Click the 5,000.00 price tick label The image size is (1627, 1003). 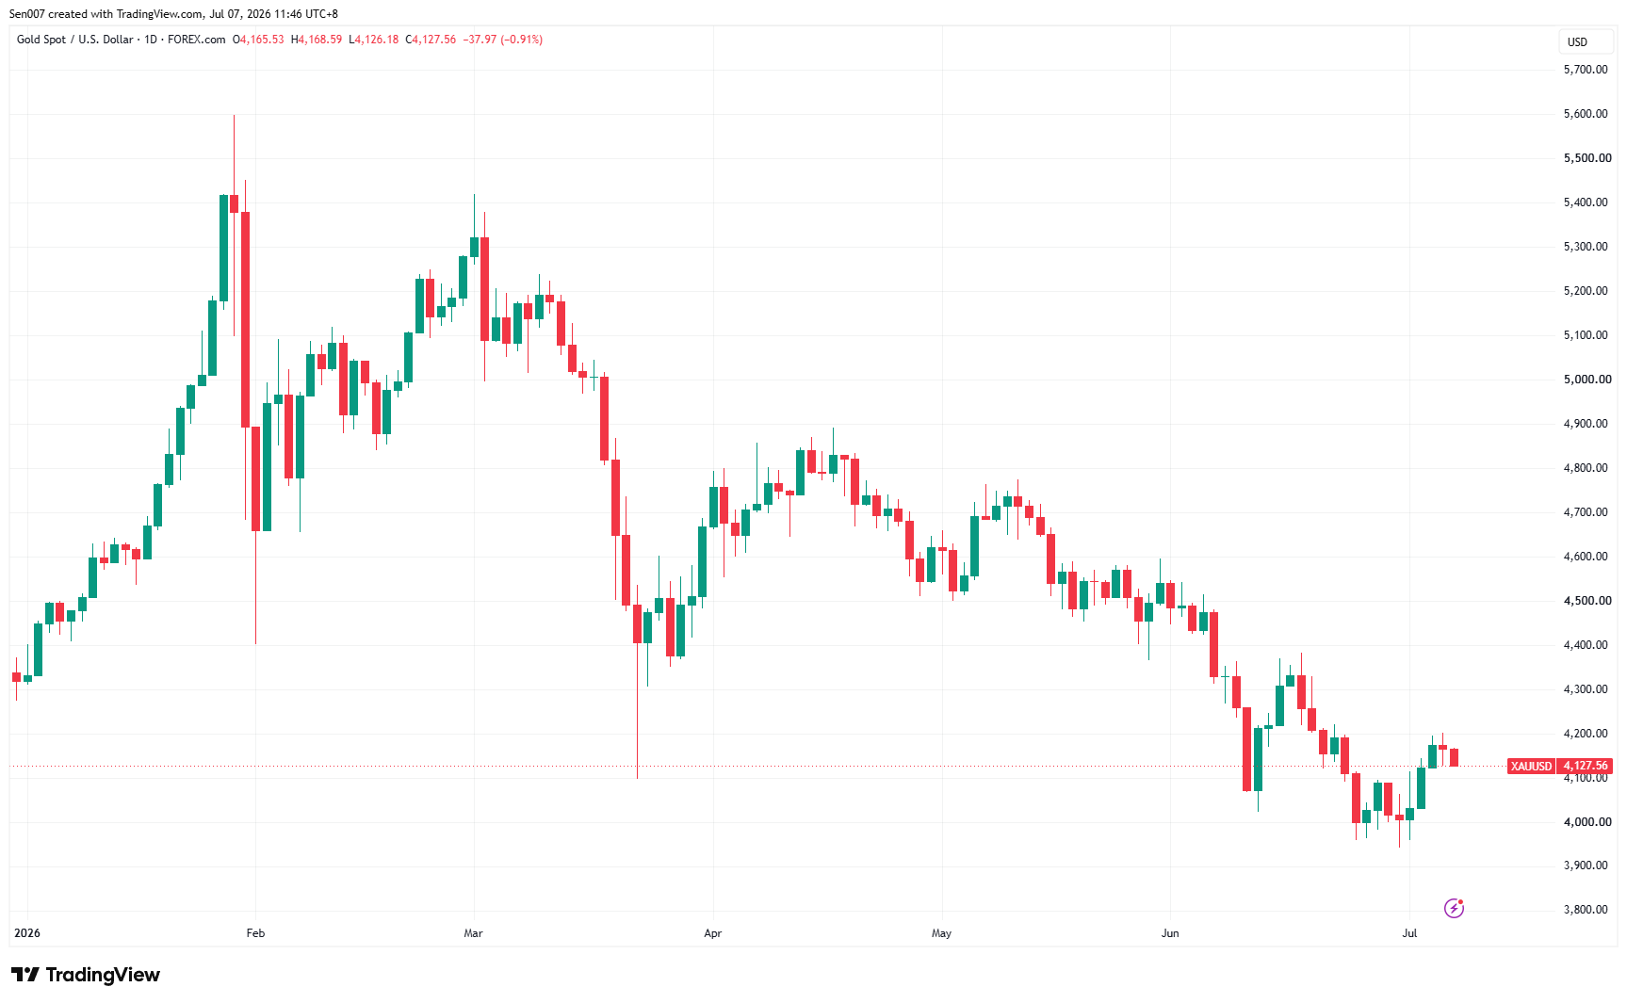click(x=1586, y=380)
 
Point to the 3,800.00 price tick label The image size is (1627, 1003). click(x=1586, y=910)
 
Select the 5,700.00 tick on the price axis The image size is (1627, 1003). click(x=1586, y=70)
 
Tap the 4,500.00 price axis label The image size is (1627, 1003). click(x=1586, y=601)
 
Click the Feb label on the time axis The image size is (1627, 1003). click(x=255, y=933)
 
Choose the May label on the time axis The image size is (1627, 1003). click(x=941, y=933)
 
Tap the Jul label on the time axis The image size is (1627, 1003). click(x=1409, y=933)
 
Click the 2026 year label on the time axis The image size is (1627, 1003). click(x=27, y=933)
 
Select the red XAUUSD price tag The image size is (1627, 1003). click(x=1531, y=767)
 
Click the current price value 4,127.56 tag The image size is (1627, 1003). click(x=1586, y=767)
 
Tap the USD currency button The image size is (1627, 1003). click(x=1578, y=42)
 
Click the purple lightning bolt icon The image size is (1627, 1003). click(x=1454, y=908)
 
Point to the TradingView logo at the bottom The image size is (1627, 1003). click(x=86, y=975)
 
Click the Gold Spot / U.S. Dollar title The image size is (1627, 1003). click(x=75, y=40)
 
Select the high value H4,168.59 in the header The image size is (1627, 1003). click(x=317, y=40)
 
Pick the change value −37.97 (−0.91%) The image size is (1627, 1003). click(x=503, y=40)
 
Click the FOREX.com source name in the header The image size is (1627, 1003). click(x=197, y=40)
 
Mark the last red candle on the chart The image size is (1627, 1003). click(x=1454, y=757)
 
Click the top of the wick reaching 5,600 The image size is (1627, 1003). click(x=234, y=116)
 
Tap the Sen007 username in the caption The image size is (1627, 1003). click(x=26, y=14)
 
